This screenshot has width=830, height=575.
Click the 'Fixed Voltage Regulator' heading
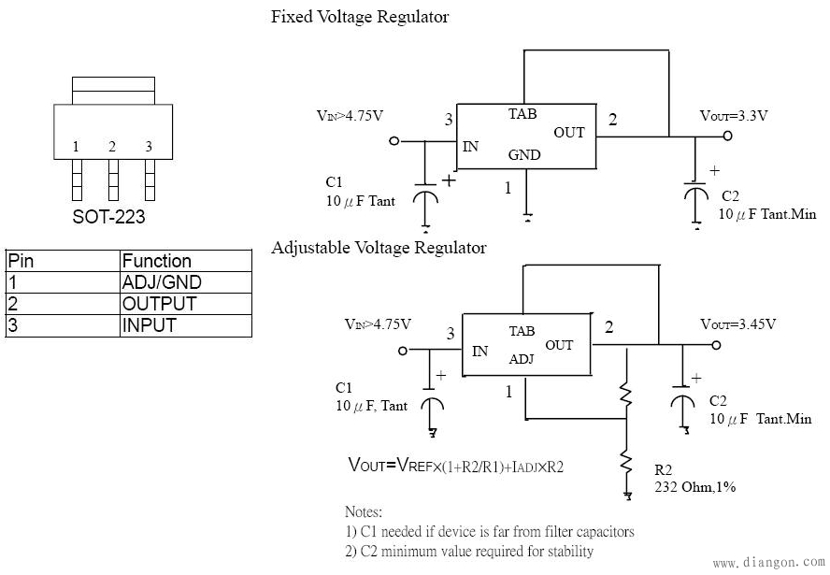360,17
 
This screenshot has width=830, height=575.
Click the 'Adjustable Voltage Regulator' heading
379,248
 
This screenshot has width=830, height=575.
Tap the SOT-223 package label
108,217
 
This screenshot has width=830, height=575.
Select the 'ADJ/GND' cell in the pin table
162,282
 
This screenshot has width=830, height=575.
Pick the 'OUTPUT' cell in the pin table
159,304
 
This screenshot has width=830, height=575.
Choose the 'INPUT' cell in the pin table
150,325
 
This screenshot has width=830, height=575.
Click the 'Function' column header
156,261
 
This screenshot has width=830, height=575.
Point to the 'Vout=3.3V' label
734,116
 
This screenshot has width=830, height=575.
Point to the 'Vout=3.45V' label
737,324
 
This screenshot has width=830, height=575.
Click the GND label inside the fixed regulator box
524,155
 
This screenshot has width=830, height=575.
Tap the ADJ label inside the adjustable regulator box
522,360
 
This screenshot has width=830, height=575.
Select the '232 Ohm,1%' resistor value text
695,486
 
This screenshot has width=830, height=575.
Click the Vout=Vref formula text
456,466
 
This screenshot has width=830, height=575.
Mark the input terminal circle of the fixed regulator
394,141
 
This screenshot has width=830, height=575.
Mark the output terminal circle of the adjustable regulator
717,345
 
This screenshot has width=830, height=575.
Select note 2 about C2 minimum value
468,551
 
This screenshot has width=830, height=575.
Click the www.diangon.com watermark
768,563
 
